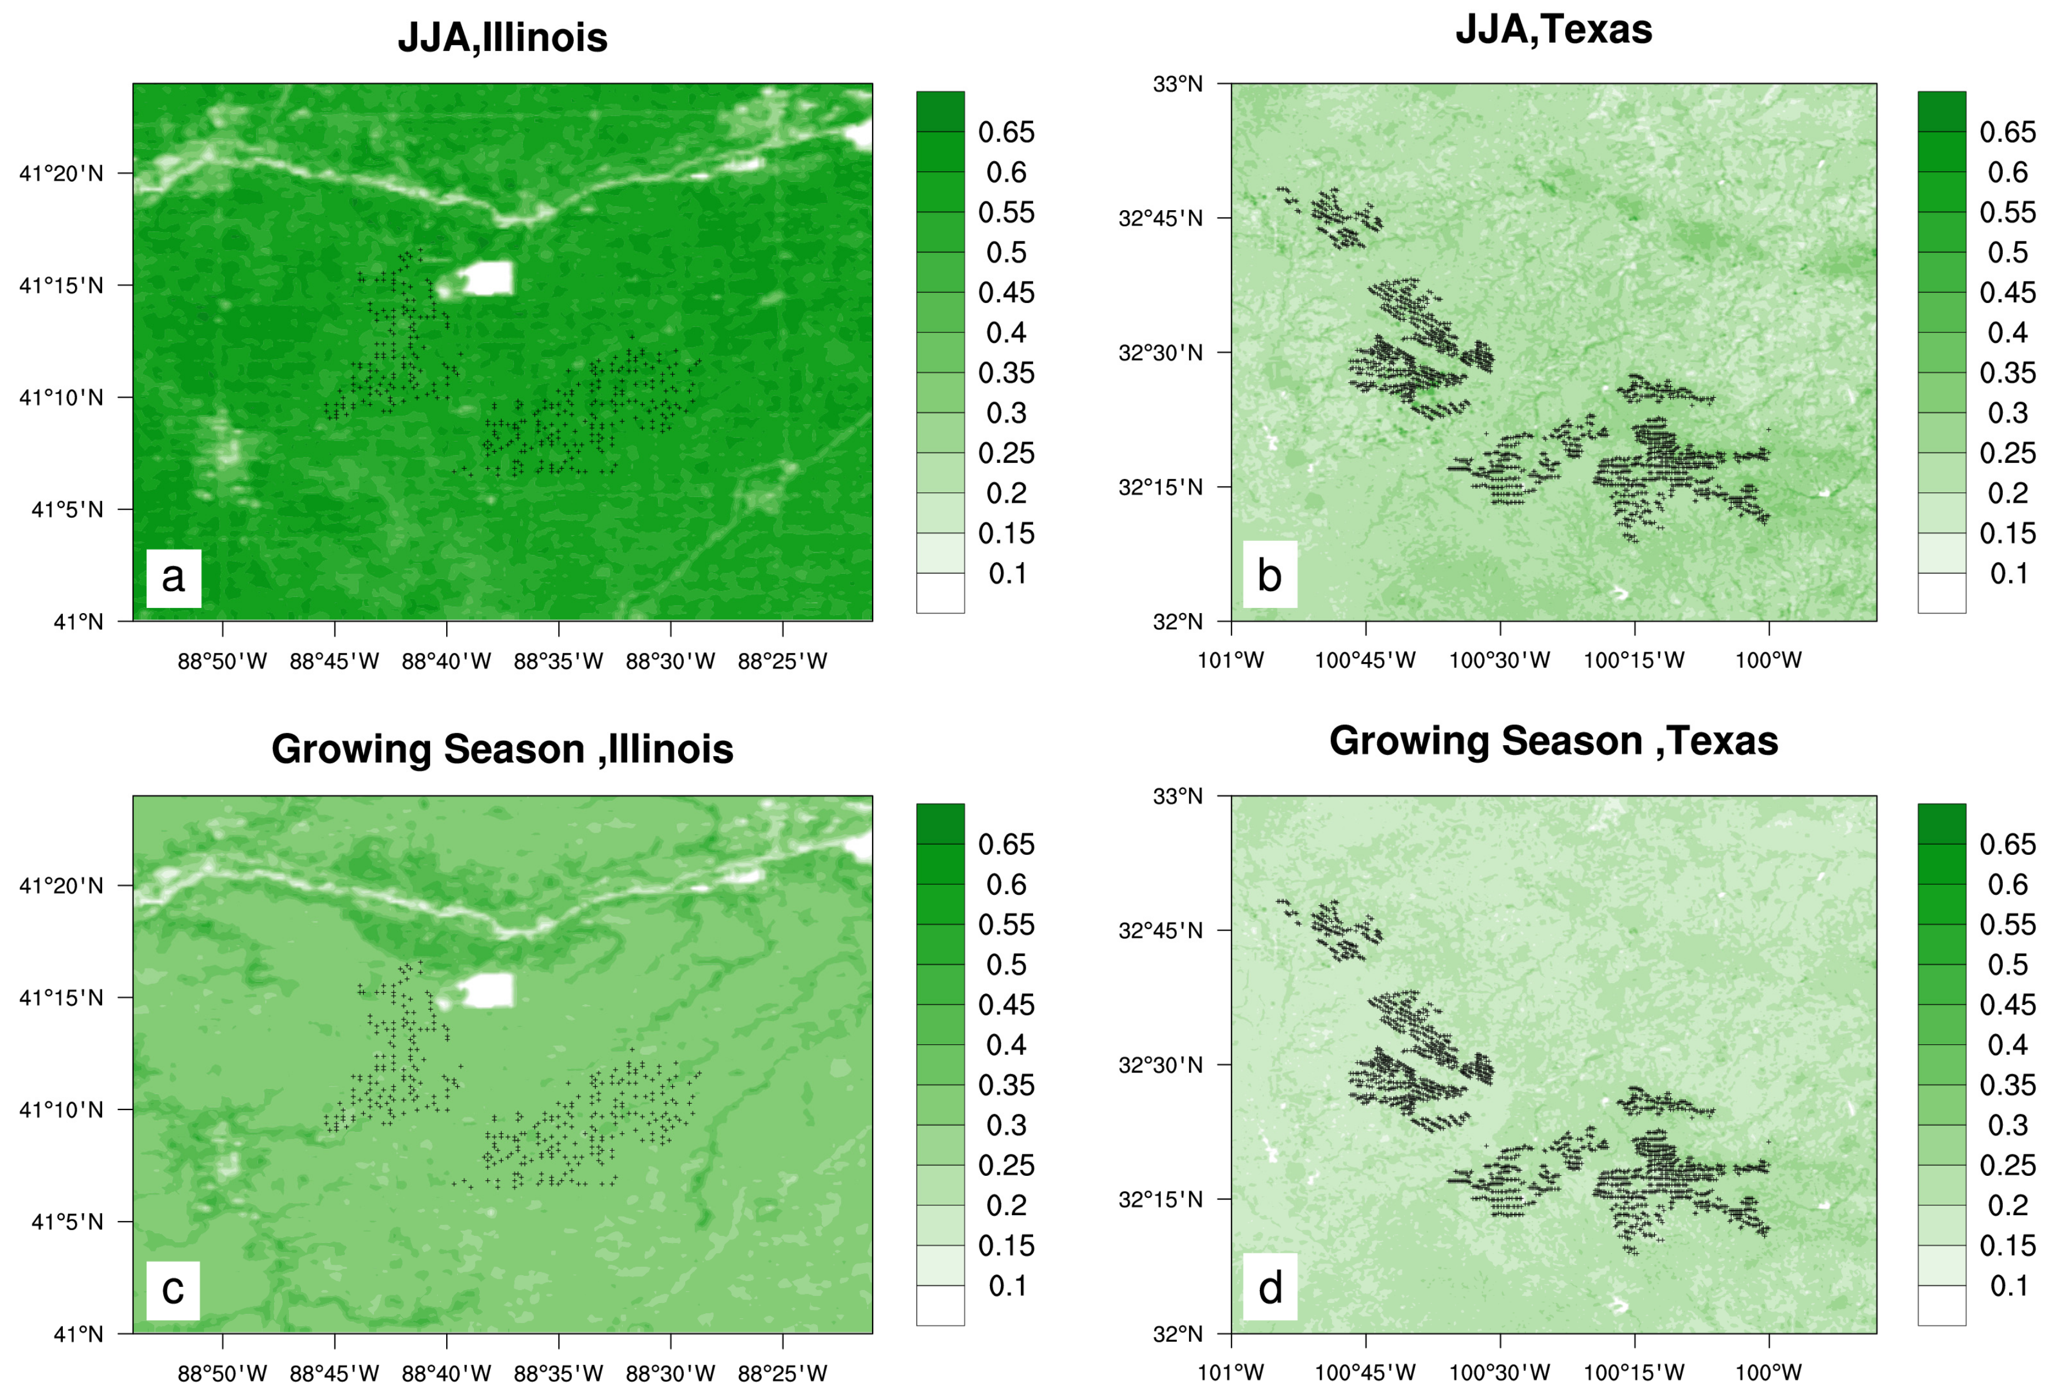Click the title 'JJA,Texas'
click(1553, 30)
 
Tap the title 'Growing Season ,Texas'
click(1553, 741)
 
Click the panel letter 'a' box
click(174, 578)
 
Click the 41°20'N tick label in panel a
click(61, 174)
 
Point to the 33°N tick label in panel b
click(1177, 84)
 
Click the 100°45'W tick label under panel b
click(1365, 660)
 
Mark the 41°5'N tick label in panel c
click(68, 1223)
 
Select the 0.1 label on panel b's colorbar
click(2009, 574)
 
